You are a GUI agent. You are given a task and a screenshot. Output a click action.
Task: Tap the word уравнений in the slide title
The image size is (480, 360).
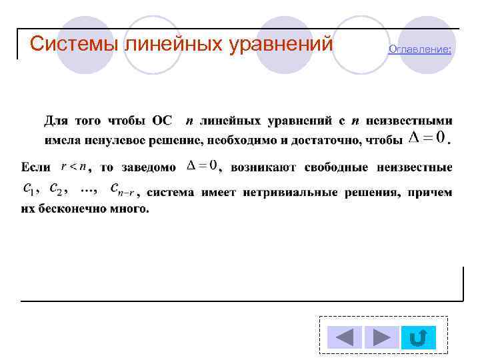click(x=280, y=44)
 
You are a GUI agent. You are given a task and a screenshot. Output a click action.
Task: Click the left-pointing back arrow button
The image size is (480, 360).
click(x=344, y=337)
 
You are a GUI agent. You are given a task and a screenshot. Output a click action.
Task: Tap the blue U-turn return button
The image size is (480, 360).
click(x=419, y=337)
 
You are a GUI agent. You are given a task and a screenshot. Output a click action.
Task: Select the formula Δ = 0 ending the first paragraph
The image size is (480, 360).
click(x=427, y=138)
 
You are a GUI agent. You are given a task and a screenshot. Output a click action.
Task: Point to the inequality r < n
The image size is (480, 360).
click(x=73, y=165)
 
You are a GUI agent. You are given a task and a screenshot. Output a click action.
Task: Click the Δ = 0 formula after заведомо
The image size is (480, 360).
click(x=201, y=165)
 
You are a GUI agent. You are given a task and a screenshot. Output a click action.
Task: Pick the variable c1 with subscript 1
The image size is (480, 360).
click(x=29, y=190)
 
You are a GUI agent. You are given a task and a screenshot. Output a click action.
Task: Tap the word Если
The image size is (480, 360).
click(x=35, y=167)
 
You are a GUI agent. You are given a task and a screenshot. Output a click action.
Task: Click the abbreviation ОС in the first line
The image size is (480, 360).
click(x=162, y=121)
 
